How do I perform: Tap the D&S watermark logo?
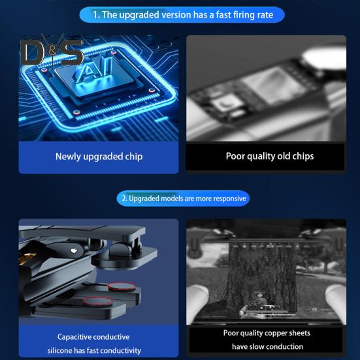point(51,52)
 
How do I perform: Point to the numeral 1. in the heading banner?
point(96,14)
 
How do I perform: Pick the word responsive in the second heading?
point(225,198)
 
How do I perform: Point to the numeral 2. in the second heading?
point(125,198)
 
